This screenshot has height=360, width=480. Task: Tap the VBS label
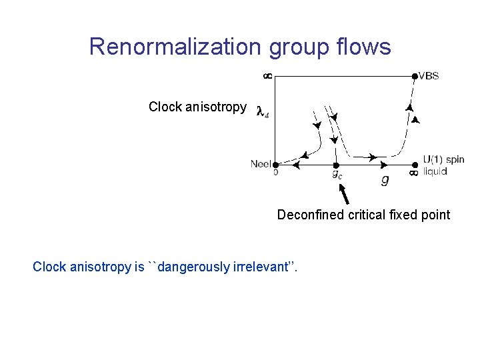pyautogui.click(x=429, y=76)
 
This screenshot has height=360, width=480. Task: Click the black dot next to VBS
pyautogui.click(x=415, y=76)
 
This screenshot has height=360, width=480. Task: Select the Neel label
pyautogui.click(x=261, y=163)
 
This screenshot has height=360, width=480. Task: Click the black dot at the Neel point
pyautogui.click(x=275, y=163)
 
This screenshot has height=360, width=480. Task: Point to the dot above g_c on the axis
pyautogui.click(x=337, y=164)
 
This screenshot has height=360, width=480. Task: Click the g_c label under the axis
pyautogui.click(x=338, y=175)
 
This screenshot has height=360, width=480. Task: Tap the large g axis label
pyautogui.click(x=385, y=179)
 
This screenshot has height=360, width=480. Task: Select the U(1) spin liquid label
pyautogui.click(x=443, y=165)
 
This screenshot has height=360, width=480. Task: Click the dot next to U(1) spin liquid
pyautogui.click(x=415, y=164)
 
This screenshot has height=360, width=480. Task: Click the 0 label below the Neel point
pyautogui.click(x=275, y=172)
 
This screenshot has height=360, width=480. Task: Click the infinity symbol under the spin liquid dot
pyautogui.click(x=413, y=173)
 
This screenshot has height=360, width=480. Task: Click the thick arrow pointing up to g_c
pyautogui.click(x=345, y=194)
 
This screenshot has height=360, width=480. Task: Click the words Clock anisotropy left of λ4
pyautogui.click(x=197, y=107)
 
